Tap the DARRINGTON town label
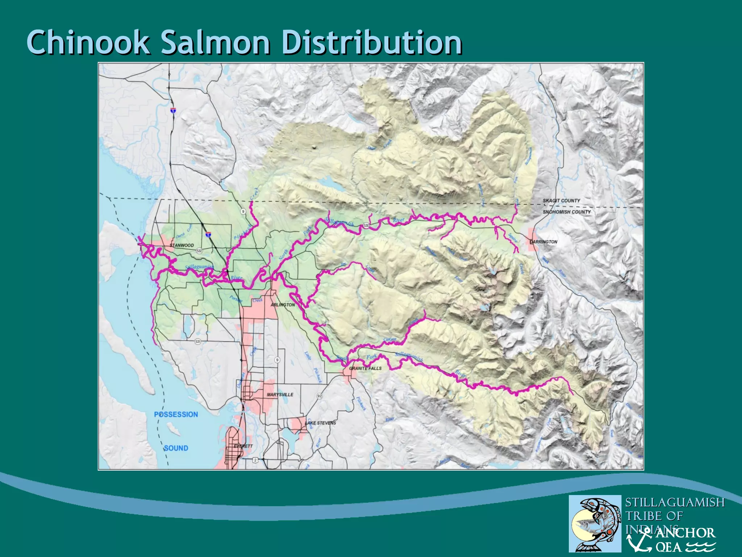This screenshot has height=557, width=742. point(543,242)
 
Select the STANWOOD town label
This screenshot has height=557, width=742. point(182,246)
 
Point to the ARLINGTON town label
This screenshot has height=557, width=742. point(283,305)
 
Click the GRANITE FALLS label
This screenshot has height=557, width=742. point(365,368)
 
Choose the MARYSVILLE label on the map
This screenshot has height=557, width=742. point(280,395)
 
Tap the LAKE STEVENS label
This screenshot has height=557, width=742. point(320,423)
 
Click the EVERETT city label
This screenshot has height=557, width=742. point(243,446)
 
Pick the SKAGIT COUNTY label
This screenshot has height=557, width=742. point(561,201)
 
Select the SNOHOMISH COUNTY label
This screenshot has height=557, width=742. point(567,212)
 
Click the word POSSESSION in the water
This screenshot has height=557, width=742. point(176,414)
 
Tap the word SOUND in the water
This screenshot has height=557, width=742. point(176,448)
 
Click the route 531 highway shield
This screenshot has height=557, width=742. point(198,342)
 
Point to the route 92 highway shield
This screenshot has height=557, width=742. point(319,396)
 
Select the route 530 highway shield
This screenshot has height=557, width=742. point(366,226)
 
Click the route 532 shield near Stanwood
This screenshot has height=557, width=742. point(199,251)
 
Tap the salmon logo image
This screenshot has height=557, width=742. point(595,524)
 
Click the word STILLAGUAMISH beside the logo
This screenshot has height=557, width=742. point(675,502)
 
